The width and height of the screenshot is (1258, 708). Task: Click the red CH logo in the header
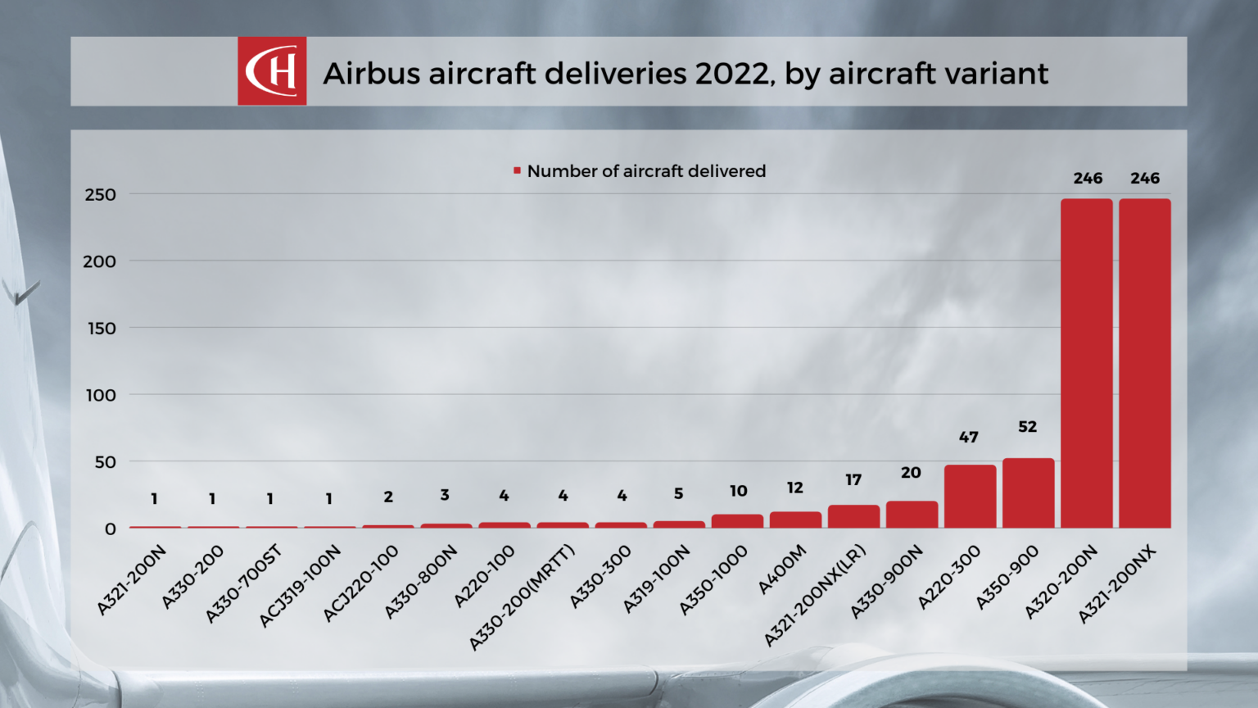[272, 71]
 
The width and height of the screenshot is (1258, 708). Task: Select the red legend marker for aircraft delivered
[517, 170]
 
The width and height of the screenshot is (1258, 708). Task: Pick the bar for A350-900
[1028, 492]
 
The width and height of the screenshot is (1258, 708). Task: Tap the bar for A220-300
[970, 496]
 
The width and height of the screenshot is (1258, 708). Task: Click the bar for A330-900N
[912, 515]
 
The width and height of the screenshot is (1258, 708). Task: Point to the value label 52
[1027, 427]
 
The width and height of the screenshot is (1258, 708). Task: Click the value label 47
[968, 438]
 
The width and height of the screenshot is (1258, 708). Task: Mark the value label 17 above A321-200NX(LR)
[853, 480]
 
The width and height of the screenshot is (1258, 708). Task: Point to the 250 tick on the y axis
[100, 195]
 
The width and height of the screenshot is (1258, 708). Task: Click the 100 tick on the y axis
[101, 395]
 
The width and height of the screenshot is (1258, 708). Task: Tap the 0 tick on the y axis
[110, 529]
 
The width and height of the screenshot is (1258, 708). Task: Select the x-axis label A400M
[782, 570]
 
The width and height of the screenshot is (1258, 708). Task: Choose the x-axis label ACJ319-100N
[301, 587]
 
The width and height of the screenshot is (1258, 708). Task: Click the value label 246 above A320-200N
[1088, 179]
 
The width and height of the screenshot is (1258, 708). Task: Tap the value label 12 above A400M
[794, 488]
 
